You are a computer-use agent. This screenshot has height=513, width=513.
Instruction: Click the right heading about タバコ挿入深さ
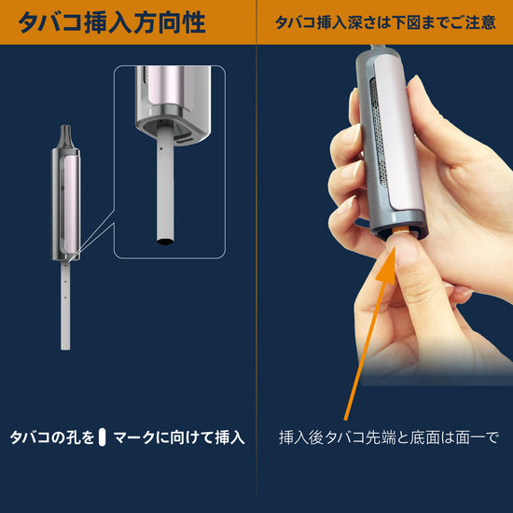385,22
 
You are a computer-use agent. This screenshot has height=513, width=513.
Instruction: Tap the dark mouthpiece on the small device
67,136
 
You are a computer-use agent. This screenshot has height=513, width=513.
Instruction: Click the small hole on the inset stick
162,146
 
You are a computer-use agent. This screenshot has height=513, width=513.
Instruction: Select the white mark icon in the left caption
104,437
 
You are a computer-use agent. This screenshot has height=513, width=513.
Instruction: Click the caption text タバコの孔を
52,437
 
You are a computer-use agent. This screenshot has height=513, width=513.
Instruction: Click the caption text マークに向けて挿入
178,437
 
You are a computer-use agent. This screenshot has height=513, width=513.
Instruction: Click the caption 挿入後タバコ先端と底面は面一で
390,437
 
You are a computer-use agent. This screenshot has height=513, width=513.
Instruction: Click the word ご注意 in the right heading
472,22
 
